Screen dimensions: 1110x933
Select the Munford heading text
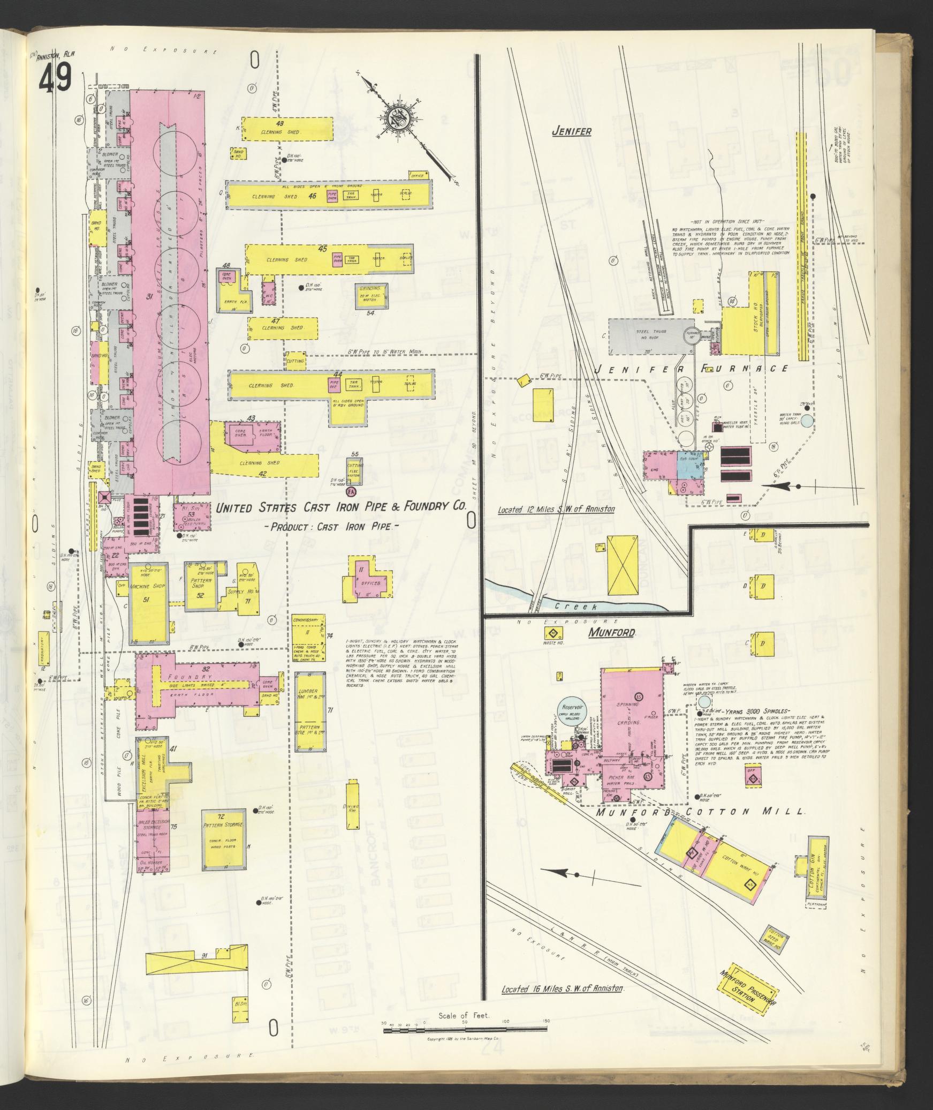click(612, 633)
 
